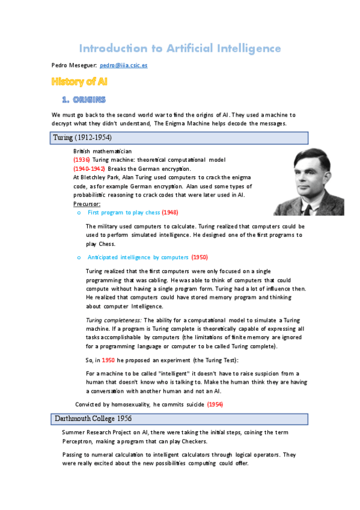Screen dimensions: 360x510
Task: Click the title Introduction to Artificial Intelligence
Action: coord(180,48)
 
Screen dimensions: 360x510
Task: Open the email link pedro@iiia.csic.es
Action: coord(124,66)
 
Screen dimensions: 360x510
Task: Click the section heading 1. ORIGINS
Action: coord(84,99)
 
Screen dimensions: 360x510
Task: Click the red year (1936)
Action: coord(82,160)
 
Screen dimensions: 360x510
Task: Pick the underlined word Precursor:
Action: coord(87,204)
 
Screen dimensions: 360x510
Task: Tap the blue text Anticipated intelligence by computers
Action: coord(138,257)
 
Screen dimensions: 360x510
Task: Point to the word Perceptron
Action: coord(78,441)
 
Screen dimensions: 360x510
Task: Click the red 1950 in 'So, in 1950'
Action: coord(108,360)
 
